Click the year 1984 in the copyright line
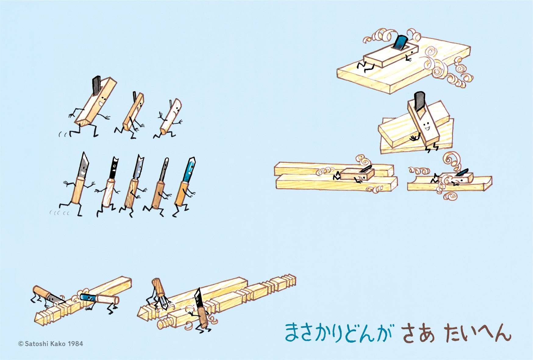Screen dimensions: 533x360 click(x=75, y=344)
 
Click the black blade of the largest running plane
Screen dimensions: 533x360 click(x=96, y=85)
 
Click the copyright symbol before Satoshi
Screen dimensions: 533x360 click(x=21, y=344)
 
